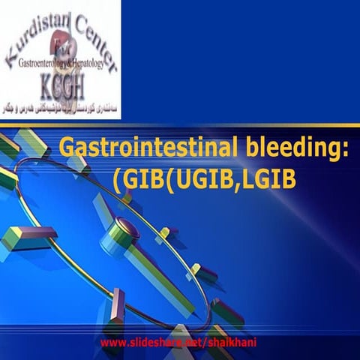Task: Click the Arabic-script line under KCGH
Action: (x=63, y=108)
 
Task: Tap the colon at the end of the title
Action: (x=346, y=148)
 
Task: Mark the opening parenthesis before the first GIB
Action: (x=116, y=181)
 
